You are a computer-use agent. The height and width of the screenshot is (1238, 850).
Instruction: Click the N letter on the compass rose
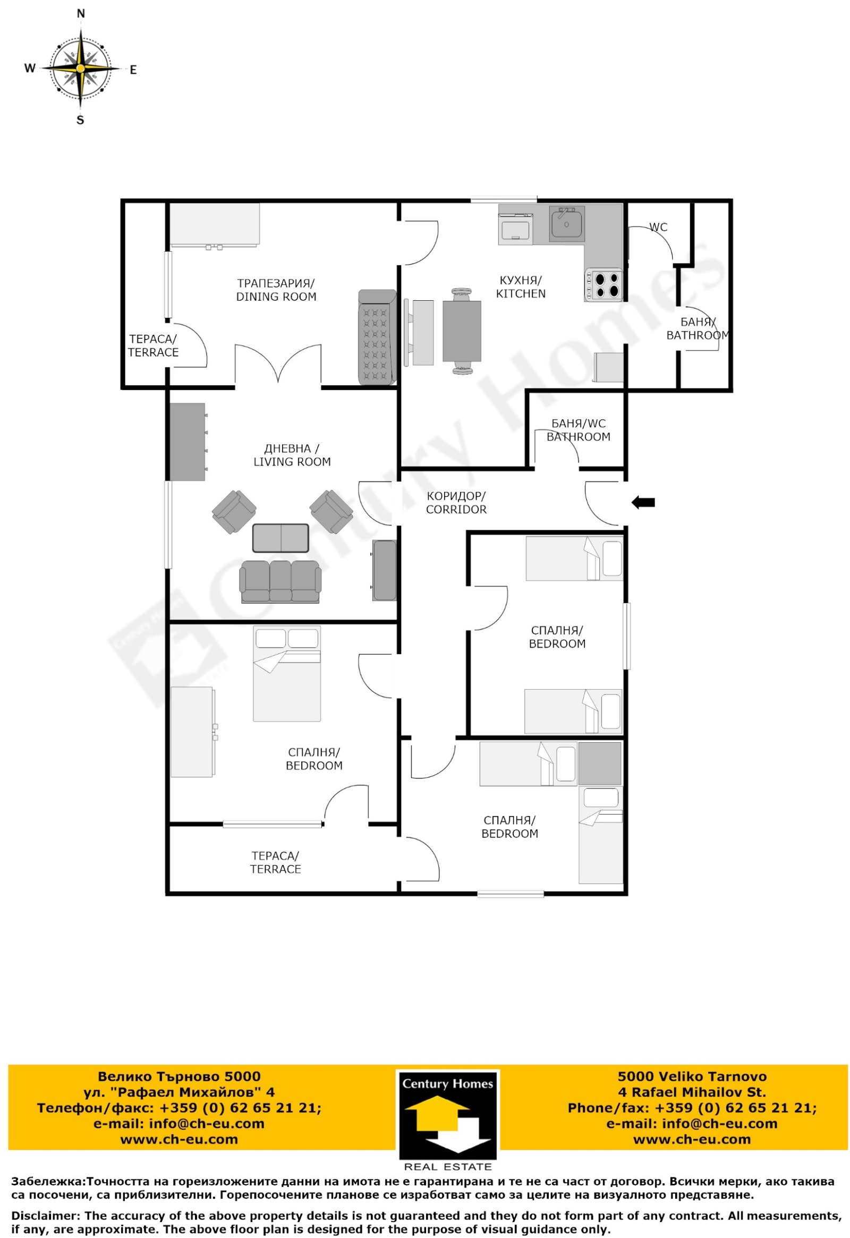point(80,14)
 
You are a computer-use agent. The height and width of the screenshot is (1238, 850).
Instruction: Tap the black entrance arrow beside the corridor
point(643,502)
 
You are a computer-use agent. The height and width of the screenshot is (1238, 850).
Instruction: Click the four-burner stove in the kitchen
point(604,285)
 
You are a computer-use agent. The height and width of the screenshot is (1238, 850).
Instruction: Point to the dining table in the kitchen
point(462,331)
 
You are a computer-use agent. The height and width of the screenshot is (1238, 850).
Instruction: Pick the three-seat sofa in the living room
point(280,581)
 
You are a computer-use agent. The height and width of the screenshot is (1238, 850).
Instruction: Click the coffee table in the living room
point(280,538)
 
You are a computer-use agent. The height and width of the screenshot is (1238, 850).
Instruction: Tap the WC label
point(658,227)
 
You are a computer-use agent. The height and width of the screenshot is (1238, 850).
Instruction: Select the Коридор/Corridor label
point(456,503)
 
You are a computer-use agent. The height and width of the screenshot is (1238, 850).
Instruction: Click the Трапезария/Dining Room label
point(276,290)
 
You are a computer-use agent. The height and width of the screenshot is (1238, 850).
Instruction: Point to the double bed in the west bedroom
point(287,674)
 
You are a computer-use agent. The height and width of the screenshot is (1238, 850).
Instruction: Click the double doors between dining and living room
point(278,365)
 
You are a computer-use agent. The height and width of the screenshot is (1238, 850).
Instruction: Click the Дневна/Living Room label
point(292,455)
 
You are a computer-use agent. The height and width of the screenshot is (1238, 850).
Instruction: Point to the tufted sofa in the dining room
point(377,337)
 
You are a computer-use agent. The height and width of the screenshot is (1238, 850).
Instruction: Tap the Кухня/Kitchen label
point(521,287)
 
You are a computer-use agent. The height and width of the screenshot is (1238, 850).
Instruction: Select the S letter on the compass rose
point(80,121)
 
